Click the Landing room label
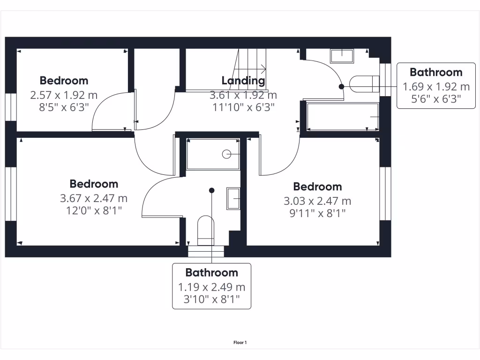243,81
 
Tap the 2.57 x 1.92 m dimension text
64,95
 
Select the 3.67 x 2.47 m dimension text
94,199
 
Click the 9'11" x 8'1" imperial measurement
317,213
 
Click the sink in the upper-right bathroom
342,56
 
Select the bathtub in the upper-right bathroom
343,117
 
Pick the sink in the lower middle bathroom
233,198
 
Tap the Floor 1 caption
240,343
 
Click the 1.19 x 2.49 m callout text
211,287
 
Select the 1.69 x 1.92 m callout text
436,87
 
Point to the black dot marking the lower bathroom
212,190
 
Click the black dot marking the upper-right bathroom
341,86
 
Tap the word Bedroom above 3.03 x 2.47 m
317,187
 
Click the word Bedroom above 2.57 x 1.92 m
64,81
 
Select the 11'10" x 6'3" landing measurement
243,107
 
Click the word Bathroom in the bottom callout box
211,273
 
